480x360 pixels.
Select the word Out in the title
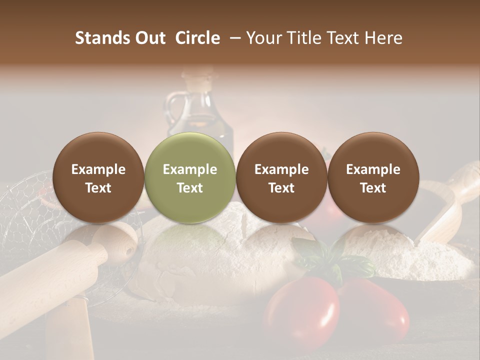click(149, 38)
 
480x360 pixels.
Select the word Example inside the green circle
click(190, 169)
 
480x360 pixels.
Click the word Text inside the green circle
click(190, 188)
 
